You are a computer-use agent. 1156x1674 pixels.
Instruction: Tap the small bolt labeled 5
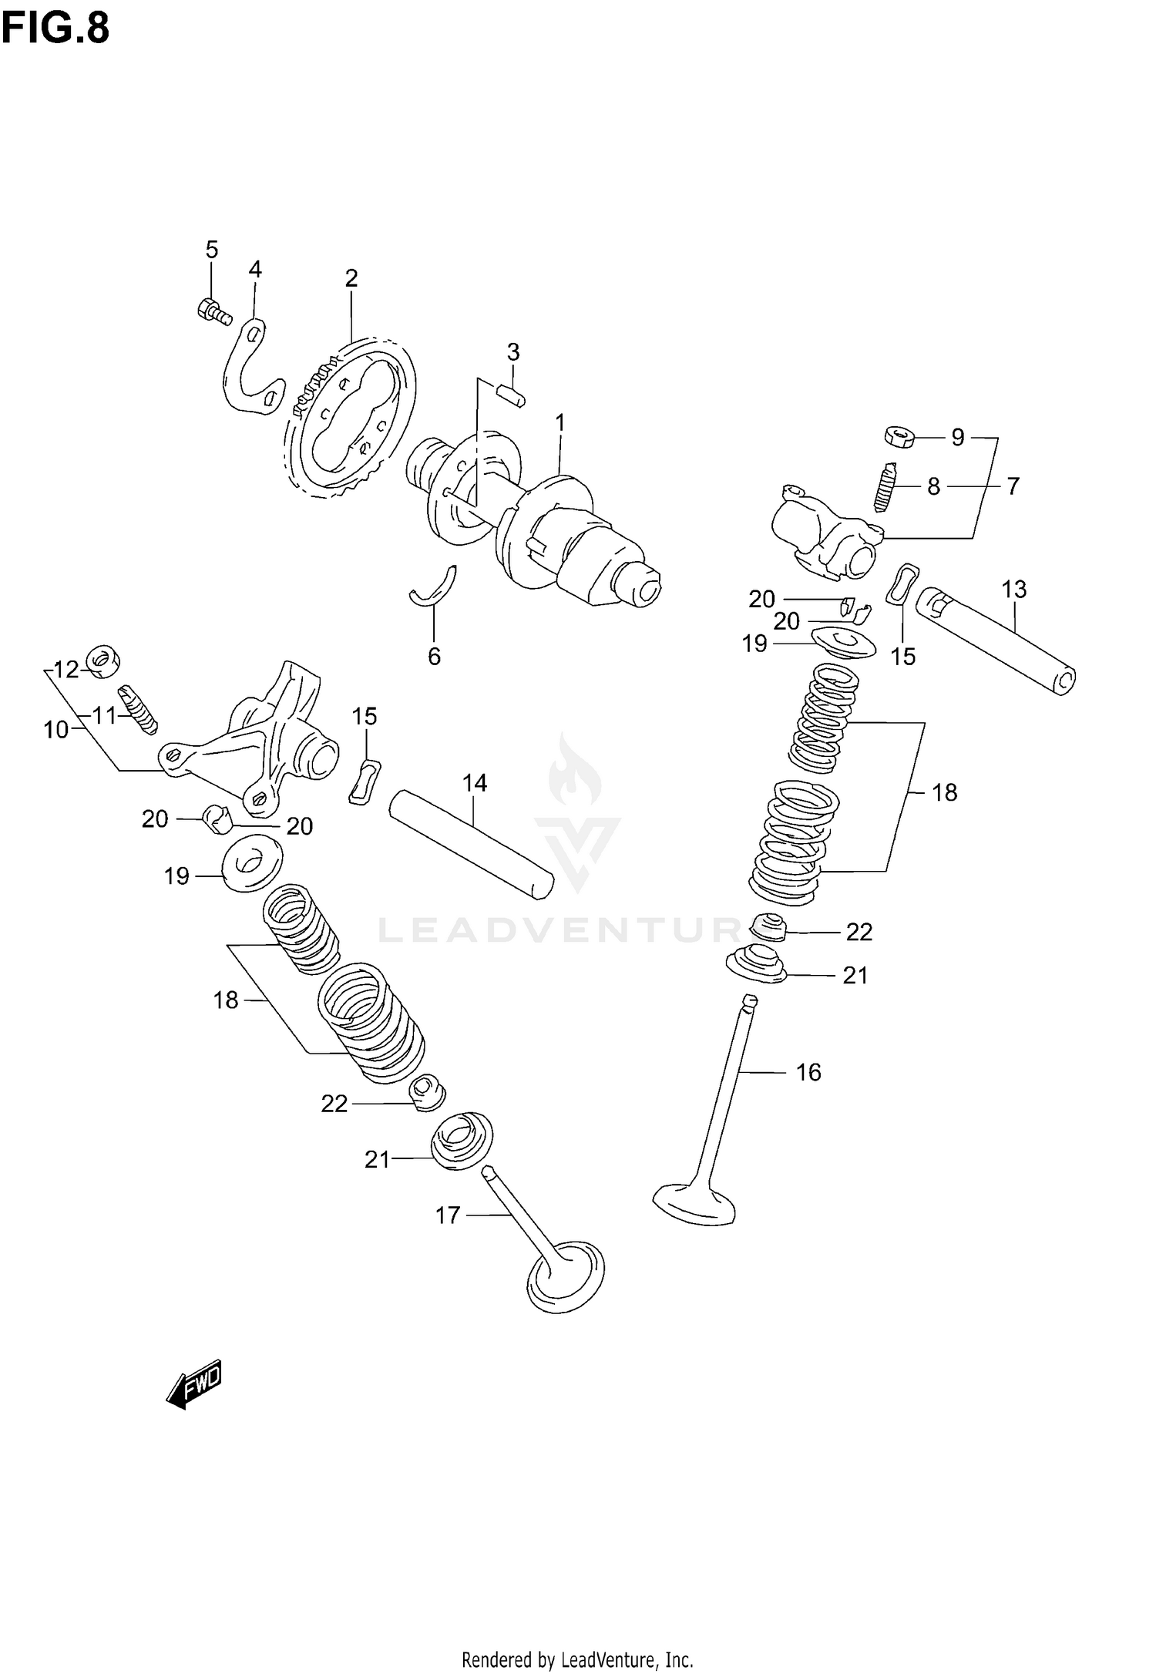point(213,311)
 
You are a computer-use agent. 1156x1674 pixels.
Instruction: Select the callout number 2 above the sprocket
point(351,278)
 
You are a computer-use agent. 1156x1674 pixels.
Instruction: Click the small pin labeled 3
point(511,395)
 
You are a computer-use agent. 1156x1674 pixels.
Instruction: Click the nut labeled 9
point(899,437)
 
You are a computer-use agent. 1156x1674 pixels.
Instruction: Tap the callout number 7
point(1013,486)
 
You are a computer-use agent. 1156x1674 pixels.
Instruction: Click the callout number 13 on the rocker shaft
point(1014,590)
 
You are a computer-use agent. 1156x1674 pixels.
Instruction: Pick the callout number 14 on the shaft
point(475,783)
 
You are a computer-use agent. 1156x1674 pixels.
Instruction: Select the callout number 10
point(56,729)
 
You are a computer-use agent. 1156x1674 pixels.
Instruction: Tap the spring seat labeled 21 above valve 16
point(757,966)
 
